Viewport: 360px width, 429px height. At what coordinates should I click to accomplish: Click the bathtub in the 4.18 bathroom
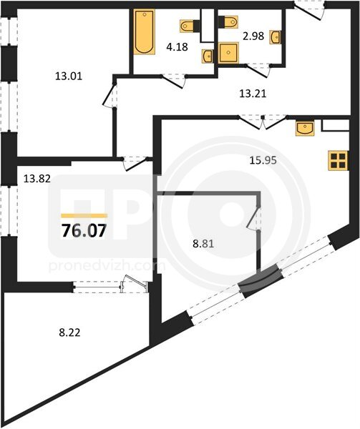click(x=145, y=31)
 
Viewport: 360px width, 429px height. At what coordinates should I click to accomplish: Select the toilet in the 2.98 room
click(x=228, y=22)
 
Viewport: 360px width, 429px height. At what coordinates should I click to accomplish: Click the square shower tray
click(x=228, y=53)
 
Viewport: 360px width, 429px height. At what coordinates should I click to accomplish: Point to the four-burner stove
click(x=339, y=161)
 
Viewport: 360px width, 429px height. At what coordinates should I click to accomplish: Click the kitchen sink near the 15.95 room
click(x=305, y=128)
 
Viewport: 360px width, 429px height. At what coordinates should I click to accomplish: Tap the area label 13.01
click(x=69, y=76)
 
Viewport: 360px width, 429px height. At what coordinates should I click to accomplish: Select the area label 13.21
click(x=253, y=94)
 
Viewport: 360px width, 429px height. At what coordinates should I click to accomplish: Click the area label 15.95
click(x=263, y=160)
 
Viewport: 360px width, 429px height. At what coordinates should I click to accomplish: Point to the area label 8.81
click(x=203, y=244)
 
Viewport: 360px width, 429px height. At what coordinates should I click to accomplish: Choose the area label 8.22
click(x=70, y=332)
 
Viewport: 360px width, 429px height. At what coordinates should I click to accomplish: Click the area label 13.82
click(x=37, y=179)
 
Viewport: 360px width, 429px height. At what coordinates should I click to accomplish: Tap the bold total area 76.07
click(x=84, y=231)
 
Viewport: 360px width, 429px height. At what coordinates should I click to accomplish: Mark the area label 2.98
click(x=253, y=36)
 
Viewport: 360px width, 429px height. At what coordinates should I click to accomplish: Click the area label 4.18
click(x=177, y=46)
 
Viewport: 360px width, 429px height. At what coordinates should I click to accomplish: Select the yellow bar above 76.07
click(x=84, y=216)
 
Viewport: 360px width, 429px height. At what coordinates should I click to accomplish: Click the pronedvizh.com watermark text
click(x=107, y=266)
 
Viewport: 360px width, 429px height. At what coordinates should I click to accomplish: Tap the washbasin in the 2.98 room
click(x=276, y=36)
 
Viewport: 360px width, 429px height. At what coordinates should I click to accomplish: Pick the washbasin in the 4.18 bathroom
click(x=208, y=56)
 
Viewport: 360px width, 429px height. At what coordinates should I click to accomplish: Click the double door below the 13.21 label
click(x=263, y=122)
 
